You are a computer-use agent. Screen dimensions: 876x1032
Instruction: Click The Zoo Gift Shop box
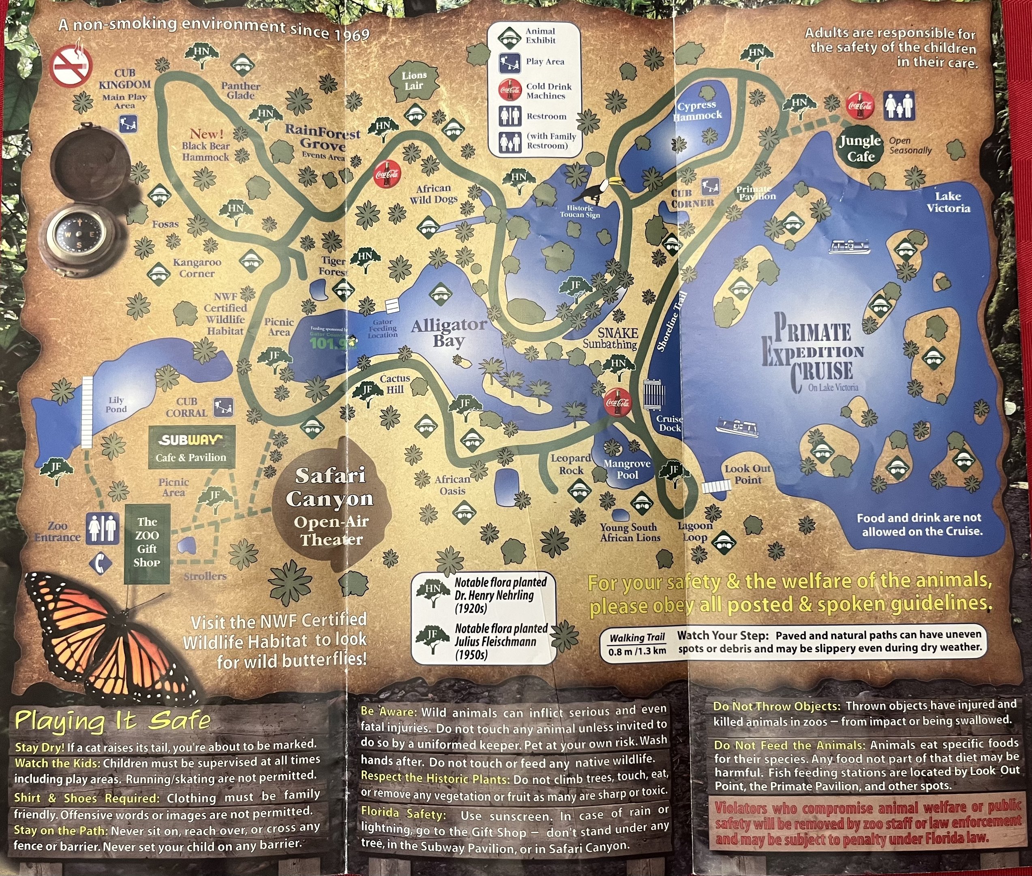pos(147,543)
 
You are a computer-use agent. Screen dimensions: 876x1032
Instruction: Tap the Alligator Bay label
pos(448,333)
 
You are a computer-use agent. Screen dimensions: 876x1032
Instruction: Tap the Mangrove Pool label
pos(626,469)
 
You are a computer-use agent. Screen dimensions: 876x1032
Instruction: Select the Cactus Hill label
pos(395,384)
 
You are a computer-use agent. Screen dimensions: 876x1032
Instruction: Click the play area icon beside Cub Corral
pos(223,407)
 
